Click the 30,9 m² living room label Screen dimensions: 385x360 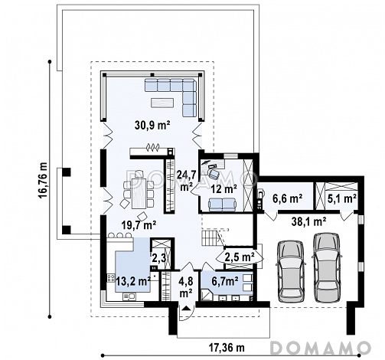coord(153,126)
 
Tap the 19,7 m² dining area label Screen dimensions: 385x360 coord(139,225)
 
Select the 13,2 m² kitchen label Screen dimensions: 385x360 coord(133,281)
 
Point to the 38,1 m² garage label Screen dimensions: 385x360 coord(308,221)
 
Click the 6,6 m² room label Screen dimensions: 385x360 coord(288,198)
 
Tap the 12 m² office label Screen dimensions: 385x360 coord(223,189)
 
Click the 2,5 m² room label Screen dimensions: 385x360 coord(240,257)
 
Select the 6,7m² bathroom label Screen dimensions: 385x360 coord(225,281)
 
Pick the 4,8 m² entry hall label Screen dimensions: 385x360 coord(186,287)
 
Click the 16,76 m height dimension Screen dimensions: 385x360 coord(43,181)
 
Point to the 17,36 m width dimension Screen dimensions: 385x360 coord(227,348)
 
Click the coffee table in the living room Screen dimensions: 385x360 coord(162,103)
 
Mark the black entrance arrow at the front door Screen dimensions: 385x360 coord(187,308)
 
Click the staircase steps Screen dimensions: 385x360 coord(210,237)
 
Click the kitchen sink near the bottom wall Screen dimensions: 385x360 coord(129,296)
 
